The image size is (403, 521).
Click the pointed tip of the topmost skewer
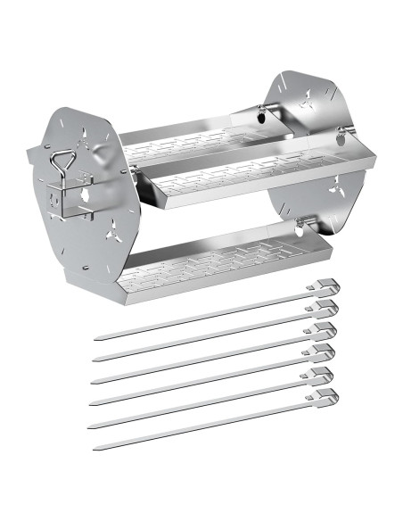(x=96, y=340)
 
